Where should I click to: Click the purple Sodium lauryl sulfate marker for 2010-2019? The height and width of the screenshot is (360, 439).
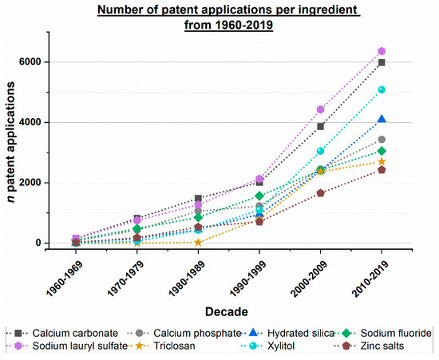pyautogui.click(x=382, y=52)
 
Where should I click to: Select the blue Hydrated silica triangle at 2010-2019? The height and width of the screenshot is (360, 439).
pyautogui.click(x=382, y=119)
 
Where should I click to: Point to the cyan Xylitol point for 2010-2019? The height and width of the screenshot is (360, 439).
pyautogui.click(x=382, y=89)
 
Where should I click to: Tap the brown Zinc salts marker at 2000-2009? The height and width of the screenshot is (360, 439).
pyautogui.click(x=320, y=193)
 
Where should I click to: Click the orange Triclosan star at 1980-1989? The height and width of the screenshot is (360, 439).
pyautogui.click(x=196, y=242)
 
